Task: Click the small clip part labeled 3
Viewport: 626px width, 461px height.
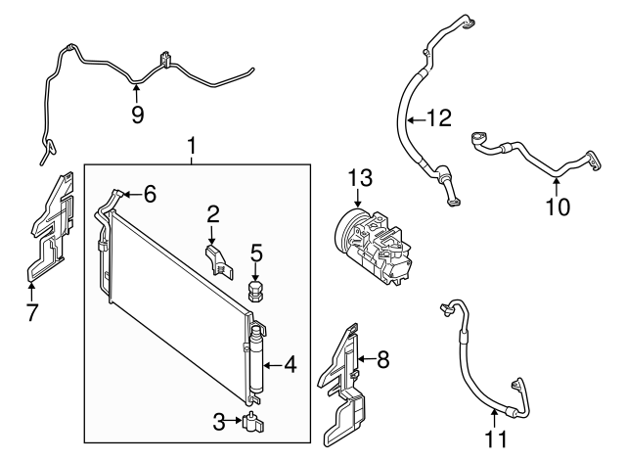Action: pyautogui.click(x=254, y=423)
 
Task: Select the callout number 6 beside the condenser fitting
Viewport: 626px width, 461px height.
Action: pyautogui.click(x=150, y=195)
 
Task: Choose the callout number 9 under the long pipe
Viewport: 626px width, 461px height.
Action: pyautogui.click(x=137, y=115)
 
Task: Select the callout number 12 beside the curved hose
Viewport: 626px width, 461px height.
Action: pyautogui.click(x=439, y=120)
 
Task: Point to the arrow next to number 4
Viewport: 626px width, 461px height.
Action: pyautogui.click(x=274, y=366)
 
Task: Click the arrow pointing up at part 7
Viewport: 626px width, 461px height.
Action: pyautogui.click(x=31, y=286)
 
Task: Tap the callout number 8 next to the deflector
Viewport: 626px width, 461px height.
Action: pyautogui.click(x=382, y=359)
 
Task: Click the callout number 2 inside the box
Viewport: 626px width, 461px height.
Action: pyautogui.click(x=211, y=213)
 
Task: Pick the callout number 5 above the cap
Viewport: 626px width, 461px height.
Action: pyautogui.click(x=256, y=253)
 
